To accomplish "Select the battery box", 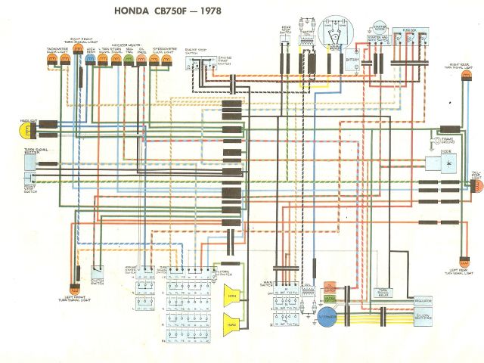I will click(352, 60).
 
